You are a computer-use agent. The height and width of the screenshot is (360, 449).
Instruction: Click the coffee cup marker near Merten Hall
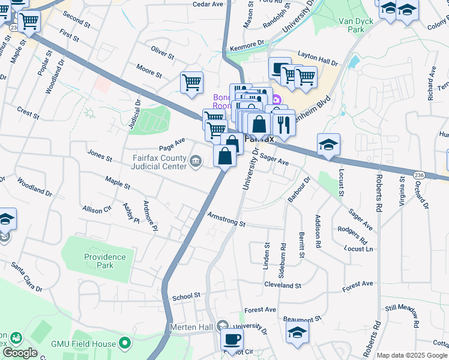click(231, 338)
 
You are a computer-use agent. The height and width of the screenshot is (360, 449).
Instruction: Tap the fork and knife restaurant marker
click(283, 124)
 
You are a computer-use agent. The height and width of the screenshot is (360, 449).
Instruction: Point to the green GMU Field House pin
click(125, 343)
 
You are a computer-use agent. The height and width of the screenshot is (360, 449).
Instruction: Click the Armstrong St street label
click(226, 219)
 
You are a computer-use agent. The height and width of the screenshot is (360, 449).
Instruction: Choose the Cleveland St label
click(281, 285)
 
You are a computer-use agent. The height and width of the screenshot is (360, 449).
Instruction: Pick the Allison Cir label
click(97, 209)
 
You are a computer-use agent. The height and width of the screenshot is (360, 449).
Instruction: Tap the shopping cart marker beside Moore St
click(191, 83)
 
